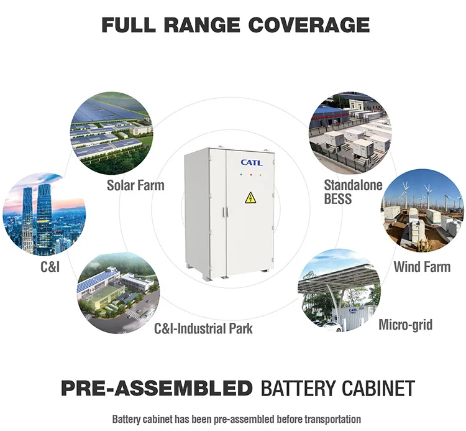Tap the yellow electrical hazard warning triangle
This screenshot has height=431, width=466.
point(250,198)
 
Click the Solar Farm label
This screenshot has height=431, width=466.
point(135,185)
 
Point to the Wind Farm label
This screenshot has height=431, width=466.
point(422,267)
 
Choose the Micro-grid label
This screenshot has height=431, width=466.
point(405,324)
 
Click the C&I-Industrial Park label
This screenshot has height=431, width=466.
point(203,328)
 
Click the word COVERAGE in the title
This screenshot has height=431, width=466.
point(309,25)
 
